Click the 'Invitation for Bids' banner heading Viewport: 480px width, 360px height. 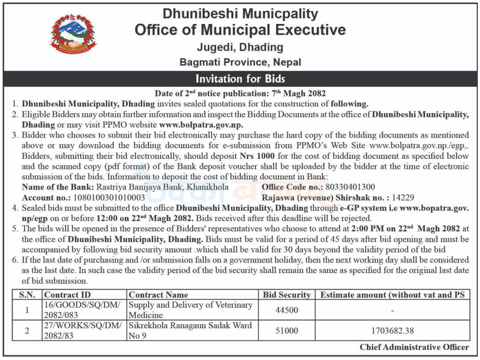click(x=240, y=79)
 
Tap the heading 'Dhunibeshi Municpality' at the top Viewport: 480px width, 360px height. click(x=240, y=13)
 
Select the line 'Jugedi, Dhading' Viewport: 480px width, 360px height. click(x=240, y=47)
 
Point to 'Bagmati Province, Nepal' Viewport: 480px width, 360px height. click(x=240, y=62)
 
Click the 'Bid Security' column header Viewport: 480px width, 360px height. click(x=287, y=294)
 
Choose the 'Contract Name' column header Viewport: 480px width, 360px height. click(x=159, y=294)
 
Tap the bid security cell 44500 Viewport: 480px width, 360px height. click(x=287, y=310)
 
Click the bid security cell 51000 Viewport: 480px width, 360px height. click(x=287, y=330)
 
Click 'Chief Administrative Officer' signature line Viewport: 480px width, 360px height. click(x=414, y=347)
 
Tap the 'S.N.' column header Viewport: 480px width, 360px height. click(x=26, y=294)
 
